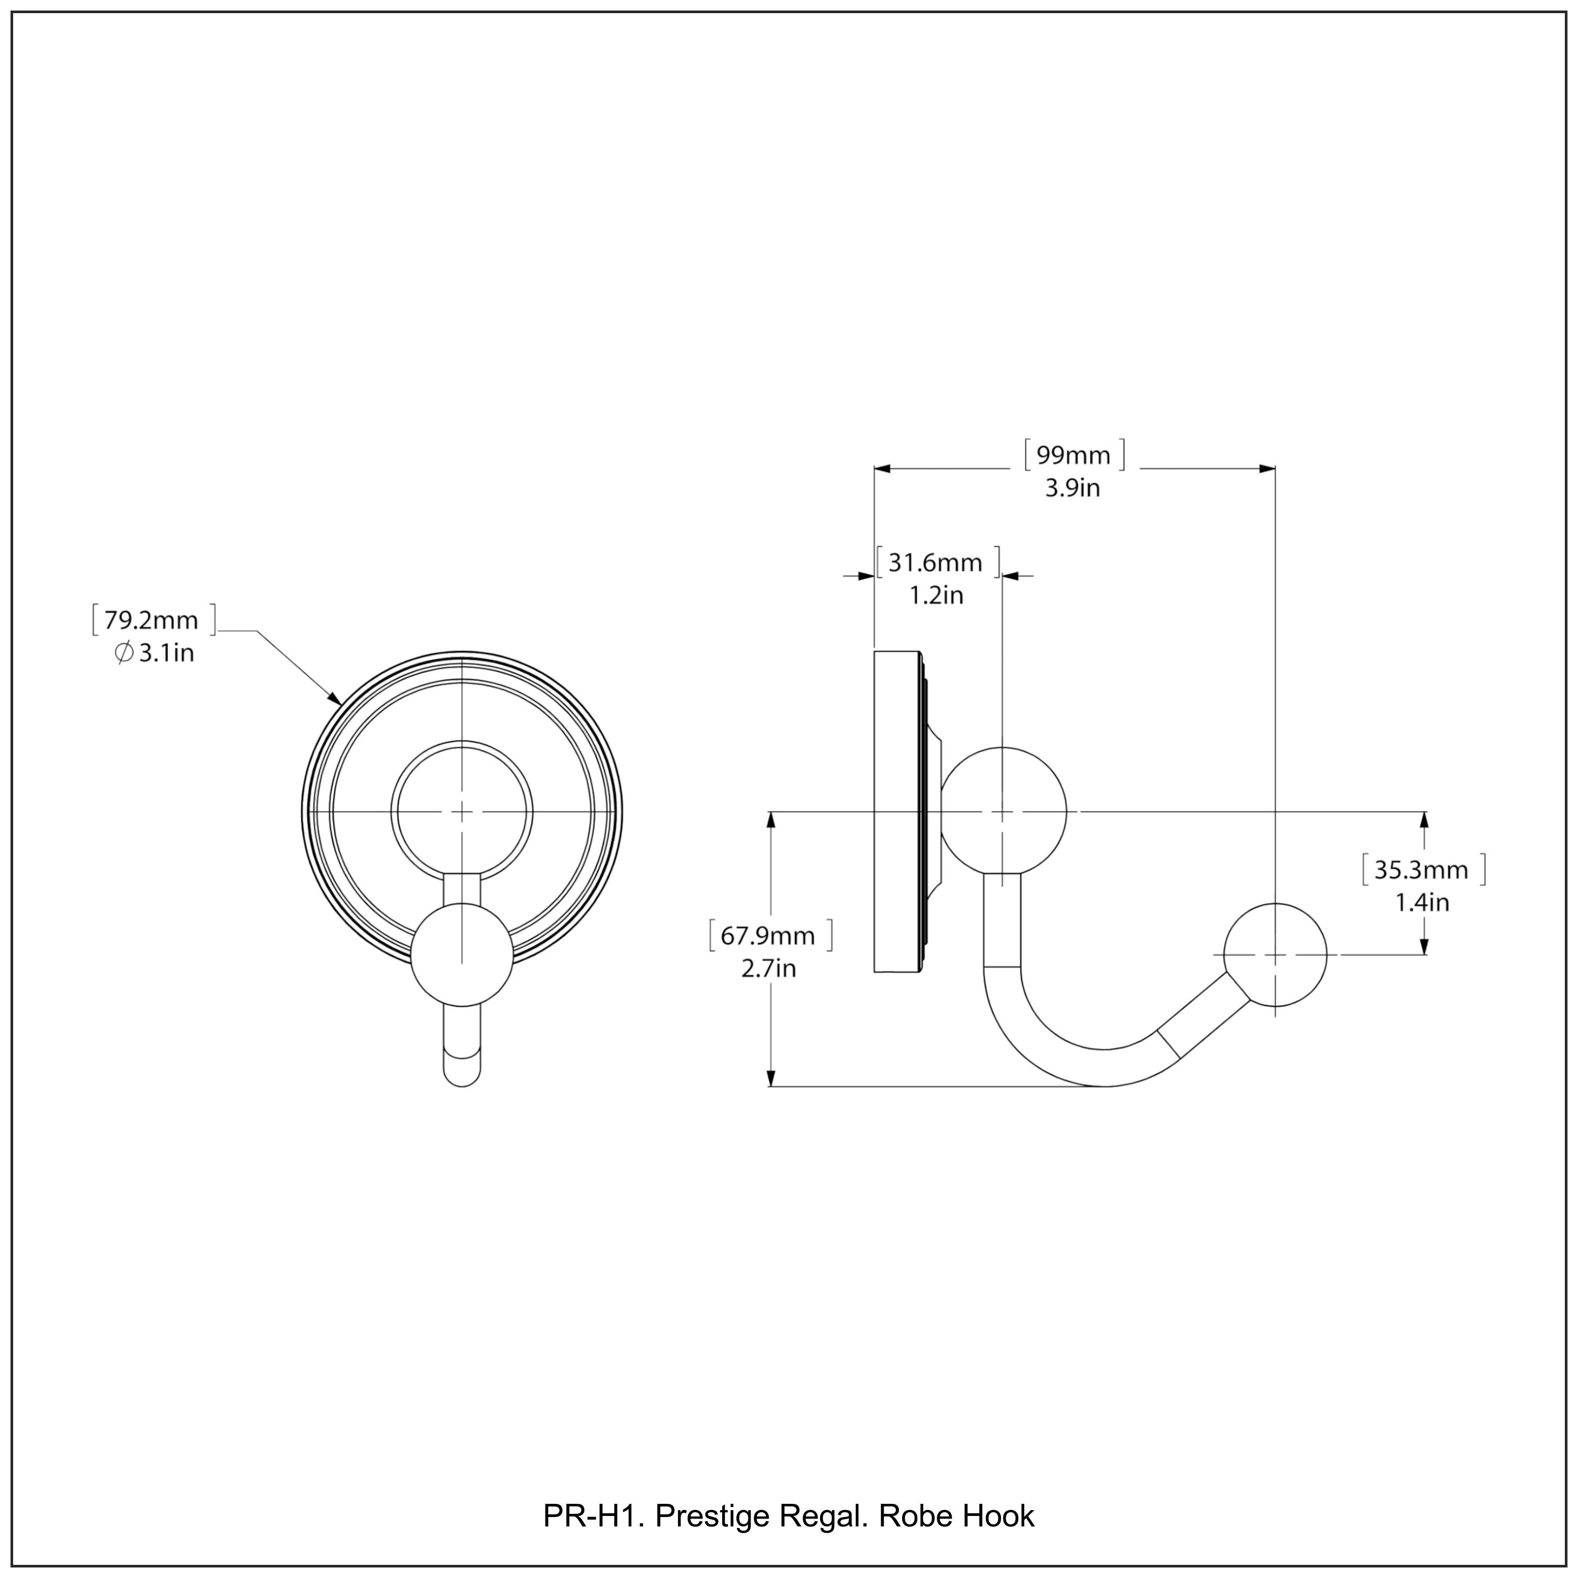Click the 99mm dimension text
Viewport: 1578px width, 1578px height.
1073,455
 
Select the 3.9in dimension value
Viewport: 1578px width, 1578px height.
1073,489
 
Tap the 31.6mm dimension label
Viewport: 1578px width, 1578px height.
935,563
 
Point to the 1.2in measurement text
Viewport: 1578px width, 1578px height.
937,595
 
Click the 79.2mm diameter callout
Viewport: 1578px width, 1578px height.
151,621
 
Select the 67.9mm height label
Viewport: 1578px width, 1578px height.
768,935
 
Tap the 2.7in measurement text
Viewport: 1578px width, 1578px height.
768,969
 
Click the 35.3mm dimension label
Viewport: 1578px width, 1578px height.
1421,870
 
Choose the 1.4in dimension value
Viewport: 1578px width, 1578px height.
1422,903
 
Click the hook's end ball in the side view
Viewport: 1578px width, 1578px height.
1275,955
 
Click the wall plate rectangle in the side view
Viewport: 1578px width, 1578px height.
897,812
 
